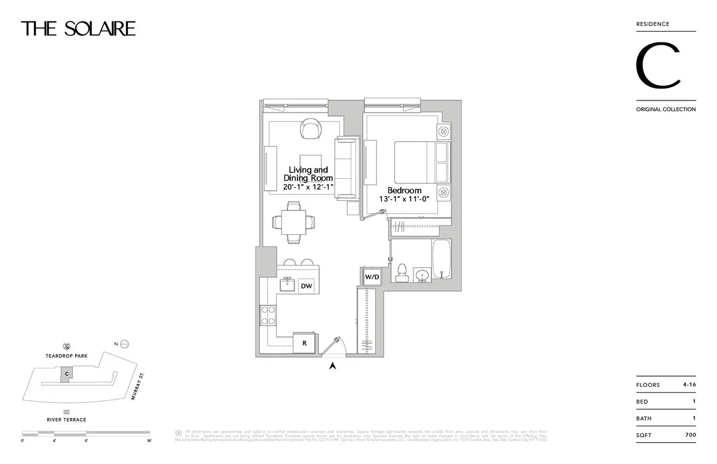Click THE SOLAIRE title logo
(x=78, y=28)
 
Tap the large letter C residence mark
(x=658, y=66)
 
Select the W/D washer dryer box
(x=372, y=277)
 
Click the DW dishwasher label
(x=307, y=286)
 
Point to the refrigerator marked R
(x=304, y=343)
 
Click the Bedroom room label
(x=405, y=191)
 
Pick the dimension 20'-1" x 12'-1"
(x=308, y=187)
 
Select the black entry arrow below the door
(x=333, y=366)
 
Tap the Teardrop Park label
(x=67, y=356)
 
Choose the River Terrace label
(x=66, y=420)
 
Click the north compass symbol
(x=124, y=344)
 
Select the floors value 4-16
(x=689, y=384)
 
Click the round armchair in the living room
(x=311, y=129)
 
